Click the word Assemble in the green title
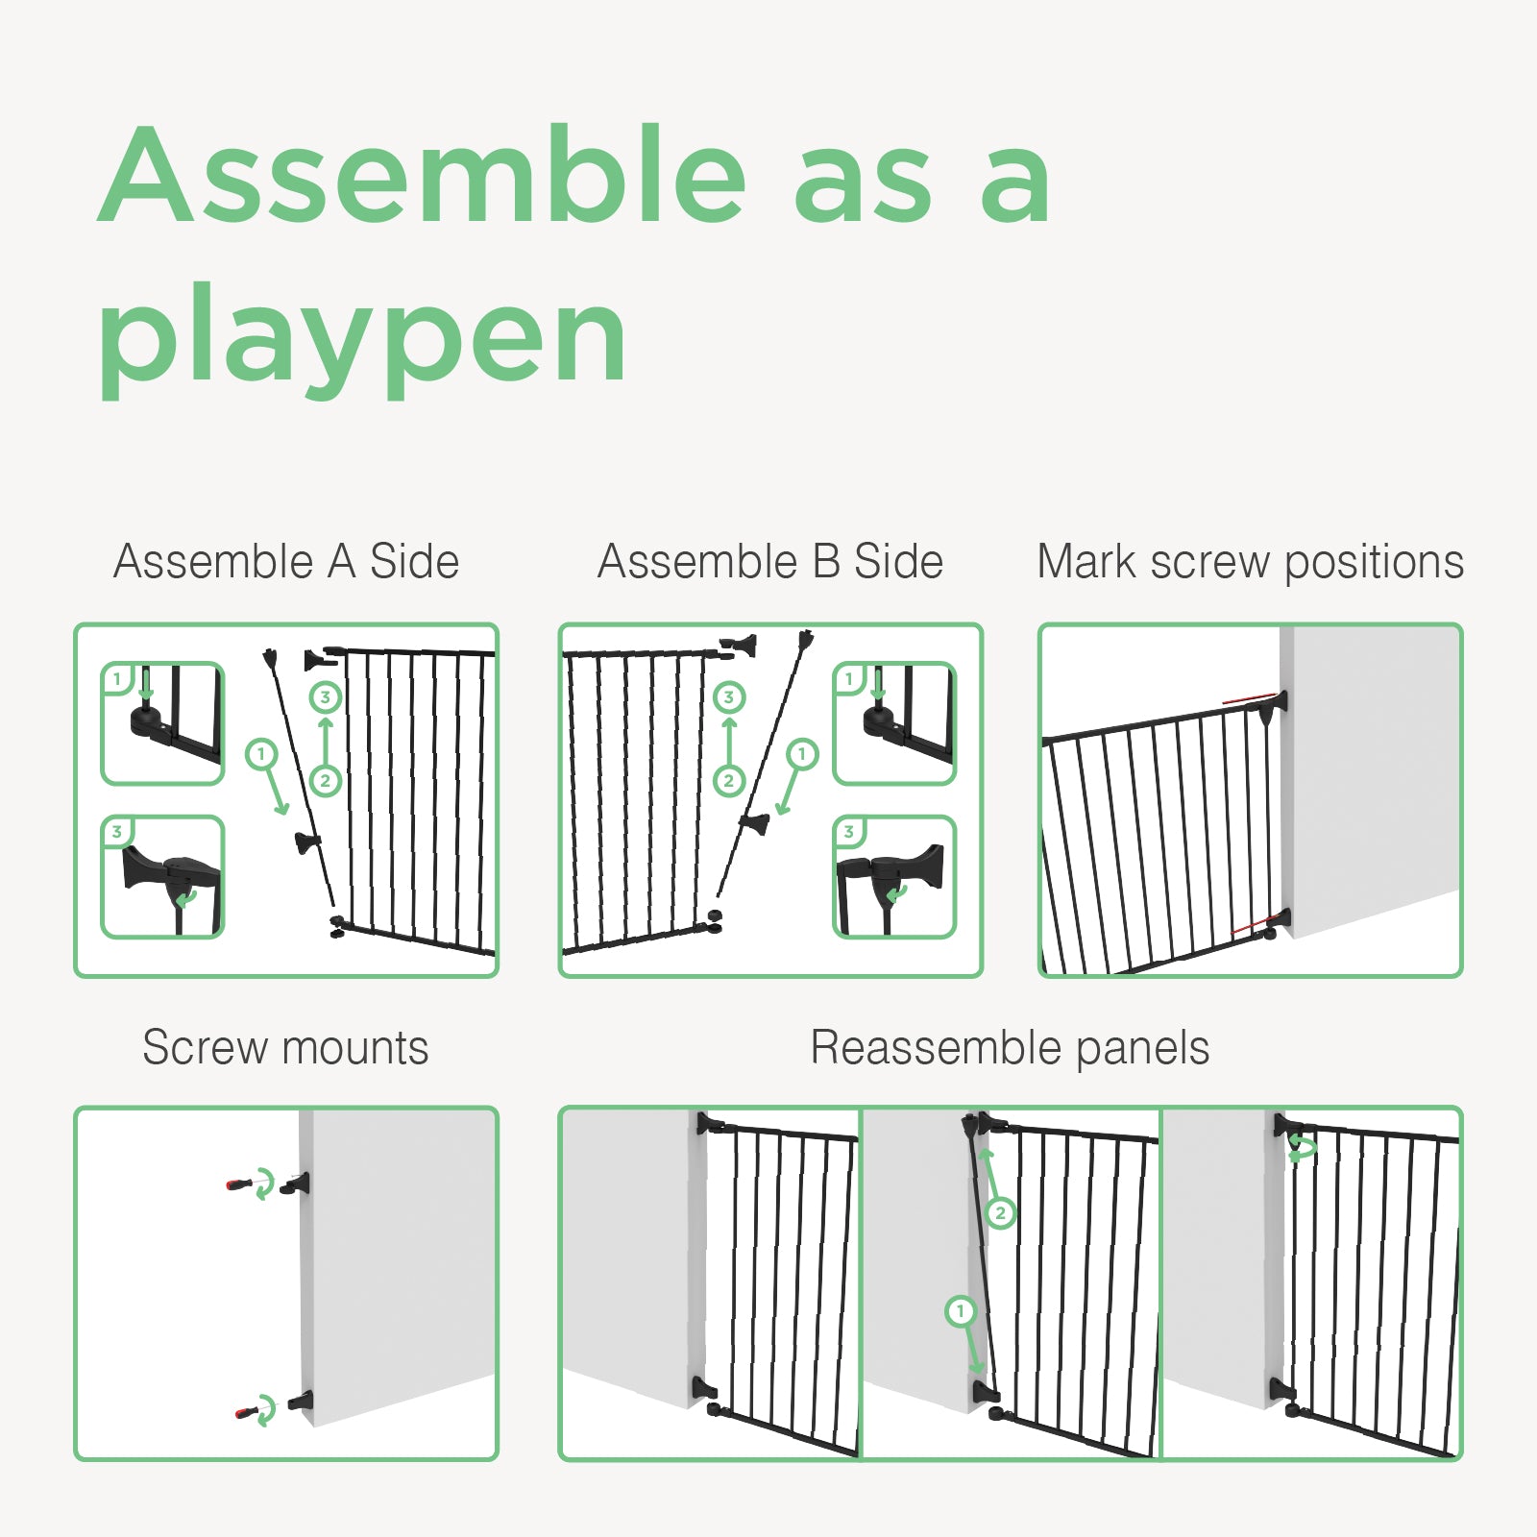[423, 175]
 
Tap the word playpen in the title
[363, 340]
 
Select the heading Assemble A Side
[286, 561]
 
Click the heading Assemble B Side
[770, 561]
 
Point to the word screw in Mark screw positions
[1209, 563]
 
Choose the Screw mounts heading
[285, 1047]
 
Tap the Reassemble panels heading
[1010, 1047]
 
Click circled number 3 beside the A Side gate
[326, 697]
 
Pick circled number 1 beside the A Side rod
[260, 754]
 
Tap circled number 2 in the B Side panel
[729, 781]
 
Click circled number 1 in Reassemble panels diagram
[961, 1311]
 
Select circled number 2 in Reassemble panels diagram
[1000, 1213]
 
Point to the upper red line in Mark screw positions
[1250, 697]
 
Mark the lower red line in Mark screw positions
[1256, 925]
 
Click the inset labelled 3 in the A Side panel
[163, 877]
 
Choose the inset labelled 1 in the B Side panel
[894, 723]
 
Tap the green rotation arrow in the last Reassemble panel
[1303, 1148]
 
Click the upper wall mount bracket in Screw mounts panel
[296, 1183]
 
